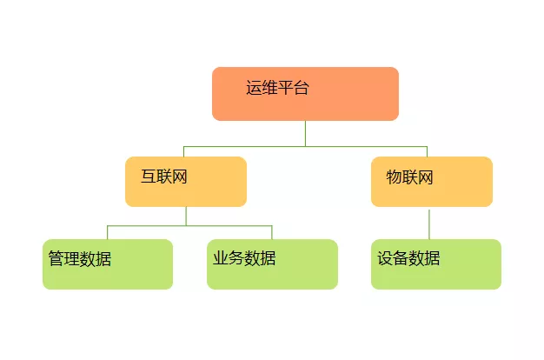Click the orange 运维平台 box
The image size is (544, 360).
(x=305, y=94)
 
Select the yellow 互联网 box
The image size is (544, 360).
(x=186, y=182)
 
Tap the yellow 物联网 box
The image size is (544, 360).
(x=431, y=182)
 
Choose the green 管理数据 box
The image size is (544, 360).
(x=108, y=264)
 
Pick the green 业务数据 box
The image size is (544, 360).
(x=272, y=264)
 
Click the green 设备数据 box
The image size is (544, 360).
(x=435, y=264)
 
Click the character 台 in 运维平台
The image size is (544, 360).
(x=301, y=87)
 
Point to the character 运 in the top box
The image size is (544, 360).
(x=254, y=87)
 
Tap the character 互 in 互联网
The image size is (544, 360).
(x=149, y=177)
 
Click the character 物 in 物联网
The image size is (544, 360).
(x=395, y=177)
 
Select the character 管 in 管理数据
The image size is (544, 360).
(x=56, y=258)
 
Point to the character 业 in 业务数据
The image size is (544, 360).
(x=221, y=258)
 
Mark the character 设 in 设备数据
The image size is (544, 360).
(x=385, y=258)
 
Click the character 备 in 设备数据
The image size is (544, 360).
(x=401, y=258)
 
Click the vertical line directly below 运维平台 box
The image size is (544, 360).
(x=305, y=133)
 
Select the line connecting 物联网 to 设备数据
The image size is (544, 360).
(x=428, y=223)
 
